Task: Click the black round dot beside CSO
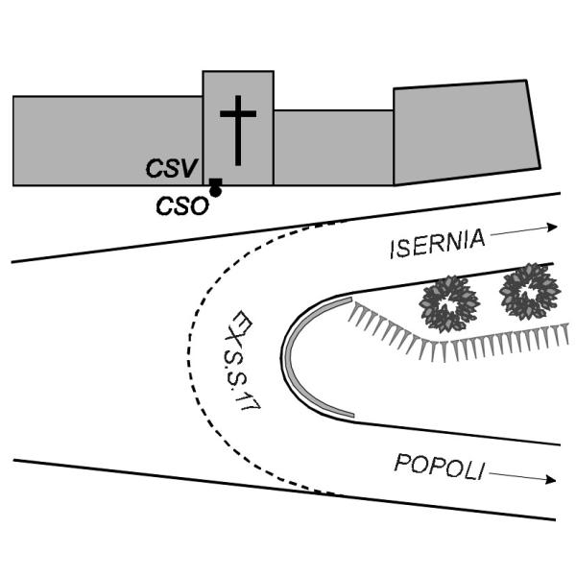point(216,192)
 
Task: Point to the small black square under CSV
point(216,182)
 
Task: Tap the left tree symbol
point(448,303)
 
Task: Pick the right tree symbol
point(528,290)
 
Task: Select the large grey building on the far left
point(106,139)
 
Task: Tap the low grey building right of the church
point(333,147)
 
